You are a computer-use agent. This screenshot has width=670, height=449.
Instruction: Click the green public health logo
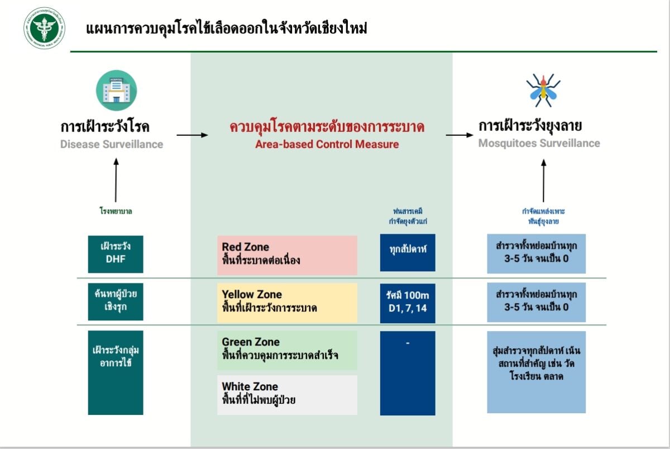pyautogui.click(x=45, y=28)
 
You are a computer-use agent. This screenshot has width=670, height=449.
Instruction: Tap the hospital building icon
pyautogui.click(x=116, y=90)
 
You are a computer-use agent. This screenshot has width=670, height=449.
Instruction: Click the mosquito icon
pyautogui.click(x=543, y=90)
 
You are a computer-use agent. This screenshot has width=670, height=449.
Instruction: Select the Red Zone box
pyautogui.click(x=287, y=255)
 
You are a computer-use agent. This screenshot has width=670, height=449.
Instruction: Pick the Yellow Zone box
pyautogui.click(x=287, y=303)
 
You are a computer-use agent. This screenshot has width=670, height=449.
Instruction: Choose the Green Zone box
pyautogui.click(x=287, y=350)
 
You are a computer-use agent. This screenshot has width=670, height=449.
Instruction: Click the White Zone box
pyautogui.click(x=287, y=395)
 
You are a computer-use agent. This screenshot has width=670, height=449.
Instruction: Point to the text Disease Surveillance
pyautogui.click(x=112, y=144)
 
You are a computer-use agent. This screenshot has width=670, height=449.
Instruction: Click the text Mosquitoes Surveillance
pyautogui.click(x=539, y=143)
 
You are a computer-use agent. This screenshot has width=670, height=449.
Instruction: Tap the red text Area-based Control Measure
pyautogui.click(x=327, y=144)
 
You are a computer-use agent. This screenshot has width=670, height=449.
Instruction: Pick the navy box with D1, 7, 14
pyautogui.click(x=408, y=303)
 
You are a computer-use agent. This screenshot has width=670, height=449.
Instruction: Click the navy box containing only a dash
pyautogui.click(x=408, y=373)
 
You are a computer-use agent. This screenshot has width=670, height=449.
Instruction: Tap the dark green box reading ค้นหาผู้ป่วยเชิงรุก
pyautogui.click(x=116, y=302)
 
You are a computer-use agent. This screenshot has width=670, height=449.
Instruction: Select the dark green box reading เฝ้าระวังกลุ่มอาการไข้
pyautogui.click(x=116, y=372)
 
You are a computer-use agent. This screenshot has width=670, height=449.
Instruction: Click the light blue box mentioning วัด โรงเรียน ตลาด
pyautogui.click(x=536, y=372)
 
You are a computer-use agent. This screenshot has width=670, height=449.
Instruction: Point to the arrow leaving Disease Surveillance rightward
pyautogui.click(x=192, y=135)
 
